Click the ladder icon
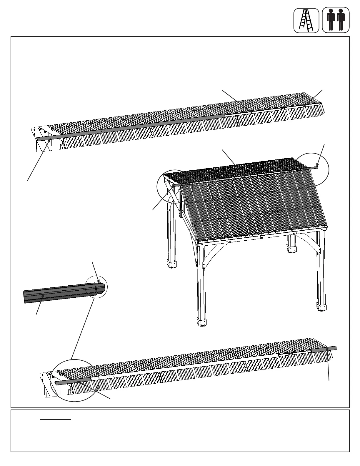coord(306,21)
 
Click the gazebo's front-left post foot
coord(202,322)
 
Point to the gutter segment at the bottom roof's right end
coord(324,349)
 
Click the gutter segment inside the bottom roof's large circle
coord(74,382)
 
